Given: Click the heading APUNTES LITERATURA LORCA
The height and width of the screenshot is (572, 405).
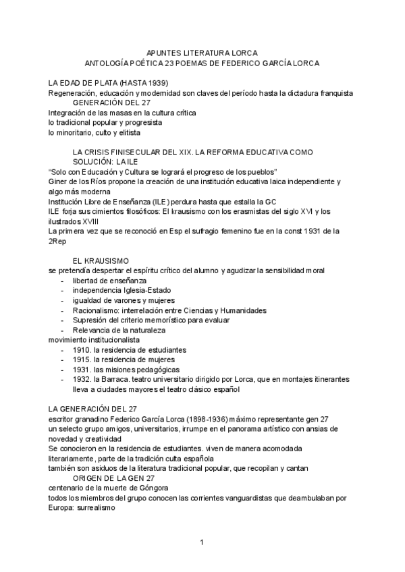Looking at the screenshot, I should tap(202, 52).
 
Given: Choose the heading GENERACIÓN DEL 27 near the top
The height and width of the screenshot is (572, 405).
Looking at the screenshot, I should tap(112, 102).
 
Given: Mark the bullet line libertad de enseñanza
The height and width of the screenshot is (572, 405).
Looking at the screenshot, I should tap(109, 280).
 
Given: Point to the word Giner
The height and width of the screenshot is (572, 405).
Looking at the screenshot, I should tap(58, 181).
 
